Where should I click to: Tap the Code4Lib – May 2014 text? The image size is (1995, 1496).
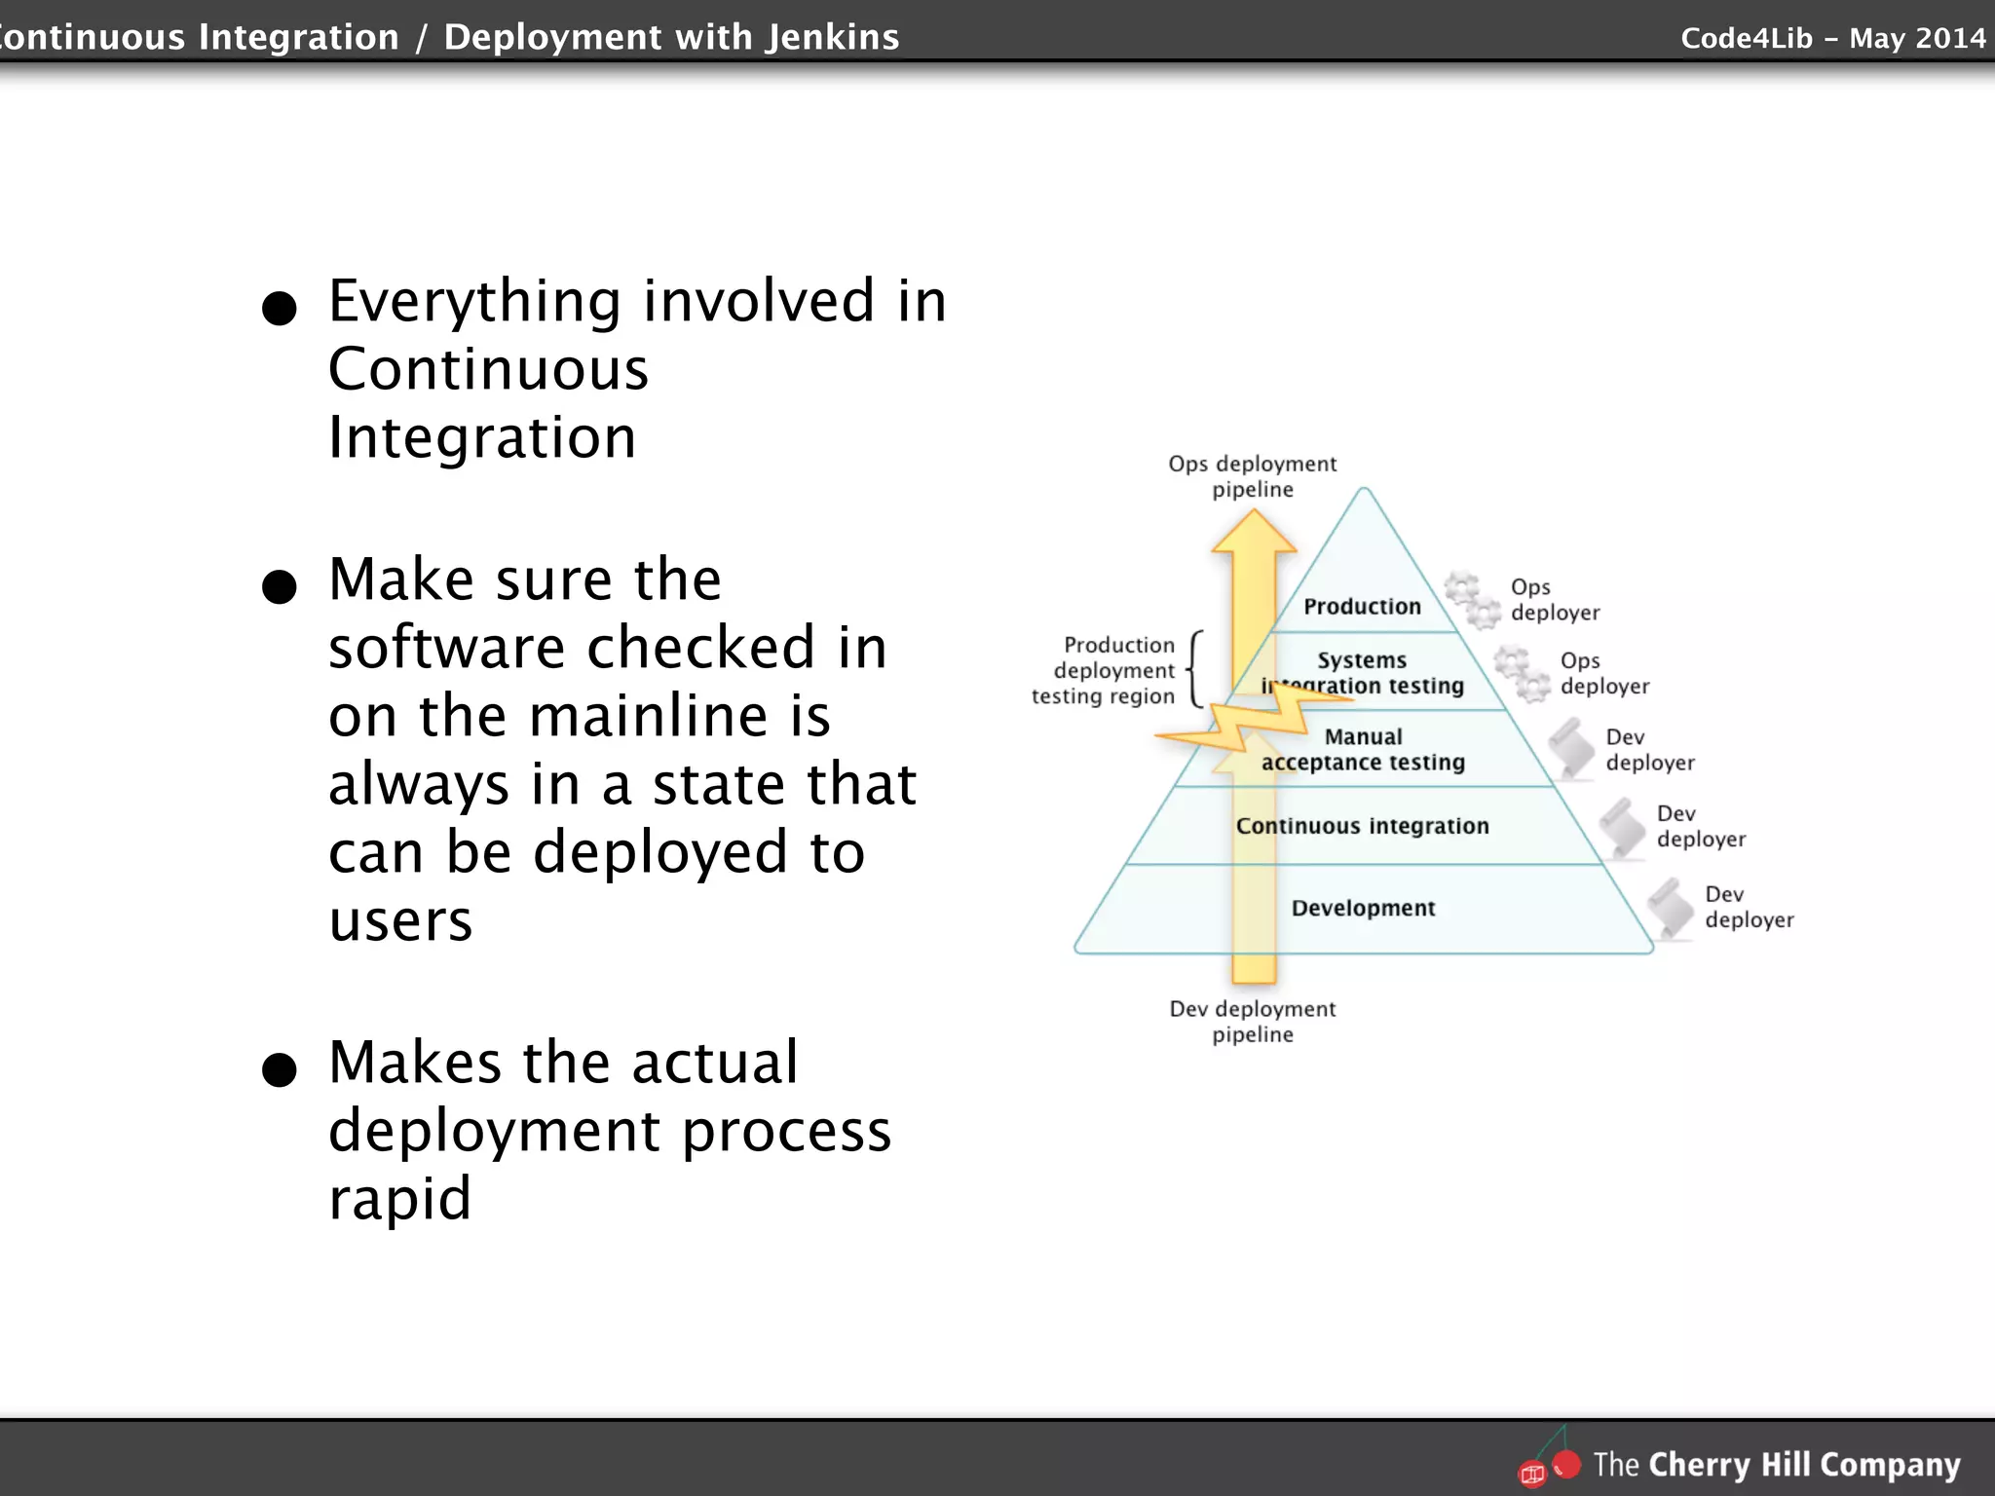pos(1832,38)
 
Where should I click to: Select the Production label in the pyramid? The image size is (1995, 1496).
pos(1362,607)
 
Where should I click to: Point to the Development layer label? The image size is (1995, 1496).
pos(1363,908)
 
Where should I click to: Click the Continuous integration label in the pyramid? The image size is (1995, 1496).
pos(1362,826)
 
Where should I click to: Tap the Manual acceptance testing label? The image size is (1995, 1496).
pos(1363,750)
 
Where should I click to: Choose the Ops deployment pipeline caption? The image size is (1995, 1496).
pos(1253,476)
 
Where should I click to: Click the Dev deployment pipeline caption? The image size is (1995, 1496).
pos(1253,1022)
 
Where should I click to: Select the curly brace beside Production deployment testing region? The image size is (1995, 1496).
pos(1195,669)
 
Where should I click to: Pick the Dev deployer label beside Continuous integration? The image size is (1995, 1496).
pos(1700,826)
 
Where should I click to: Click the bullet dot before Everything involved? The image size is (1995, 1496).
pos(280,309)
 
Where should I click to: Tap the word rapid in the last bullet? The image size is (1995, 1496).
pos(399,1198)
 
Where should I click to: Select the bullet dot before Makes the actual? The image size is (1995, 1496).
pos(280,1069)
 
